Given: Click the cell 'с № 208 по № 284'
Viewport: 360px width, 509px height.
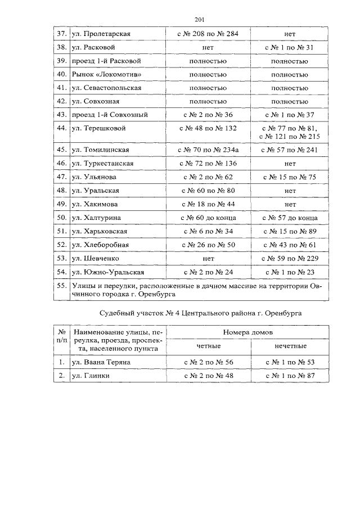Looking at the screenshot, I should pos(208,34).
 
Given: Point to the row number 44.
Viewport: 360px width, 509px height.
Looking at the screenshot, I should pos(61,128).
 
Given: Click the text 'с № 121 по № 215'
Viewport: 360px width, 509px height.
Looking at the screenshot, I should pos(289,136).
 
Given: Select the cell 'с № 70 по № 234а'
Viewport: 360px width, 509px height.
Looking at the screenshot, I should pos(208,150).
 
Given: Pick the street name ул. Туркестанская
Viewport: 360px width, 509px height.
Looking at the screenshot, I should pos(102,164).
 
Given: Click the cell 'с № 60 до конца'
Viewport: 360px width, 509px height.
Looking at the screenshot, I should pos(208,218).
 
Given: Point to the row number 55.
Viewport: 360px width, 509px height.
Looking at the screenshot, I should pos(61,286).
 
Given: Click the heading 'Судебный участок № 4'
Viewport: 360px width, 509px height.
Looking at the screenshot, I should pos(143,314).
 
